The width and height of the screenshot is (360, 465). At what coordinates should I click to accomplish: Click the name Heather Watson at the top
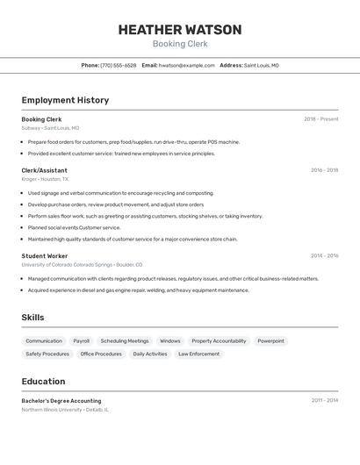180,29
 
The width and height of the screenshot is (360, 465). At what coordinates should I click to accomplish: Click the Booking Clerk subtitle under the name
180,44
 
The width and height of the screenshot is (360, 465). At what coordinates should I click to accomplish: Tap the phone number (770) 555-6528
118,65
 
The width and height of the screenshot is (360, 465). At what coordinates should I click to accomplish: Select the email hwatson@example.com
187,65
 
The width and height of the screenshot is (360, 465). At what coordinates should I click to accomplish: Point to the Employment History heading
65,100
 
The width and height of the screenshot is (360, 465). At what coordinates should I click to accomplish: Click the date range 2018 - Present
320,119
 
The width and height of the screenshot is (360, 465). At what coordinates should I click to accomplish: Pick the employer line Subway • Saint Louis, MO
50,128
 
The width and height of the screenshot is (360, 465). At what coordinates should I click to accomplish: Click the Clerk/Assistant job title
44,170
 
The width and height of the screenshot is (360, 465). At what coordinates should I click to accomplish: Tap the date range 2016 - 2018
324,170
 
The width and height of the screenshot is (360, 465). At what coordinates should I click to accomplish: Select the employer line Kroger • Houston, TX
45,179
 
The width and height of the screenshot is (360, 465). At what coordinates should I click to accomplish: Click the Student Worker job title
45,256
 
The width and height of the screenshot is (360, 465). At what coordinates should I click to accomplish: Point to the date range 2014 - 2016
324,256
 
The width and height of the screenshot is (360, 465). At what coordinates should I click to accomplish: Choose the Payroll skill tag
81,341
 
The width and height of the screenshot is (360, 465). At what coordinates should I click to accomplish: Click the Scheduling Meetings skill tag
125,341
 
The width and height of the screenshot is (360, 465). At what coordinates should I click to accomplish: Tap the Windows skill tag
170,341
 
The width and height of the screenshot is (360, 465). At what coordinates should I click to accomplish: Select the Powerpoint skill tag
270,341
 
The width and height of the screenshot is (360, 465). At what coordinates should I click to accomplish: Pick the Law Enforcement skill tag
199,354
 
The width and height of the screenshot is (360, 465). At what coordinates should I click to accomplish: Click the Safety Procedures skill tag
47,354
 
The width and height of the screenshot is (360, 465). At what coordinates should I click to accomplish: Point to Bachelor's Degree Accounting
61,401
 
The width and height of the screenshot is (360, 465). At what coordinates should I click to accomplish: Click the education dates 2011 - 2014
324,401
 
